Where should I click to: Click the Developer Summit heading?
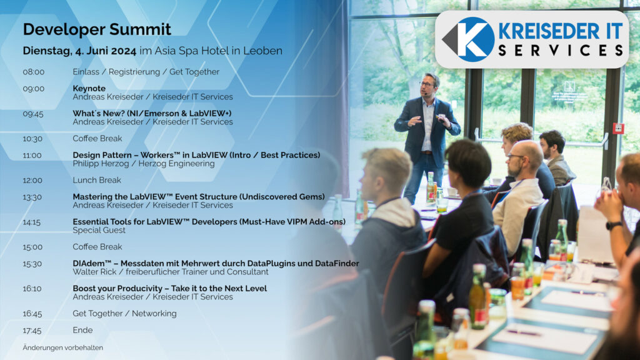(97, 29)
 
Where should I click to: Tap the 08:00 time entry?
(34, 72)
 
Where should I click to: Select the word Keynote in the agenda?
(89, 88)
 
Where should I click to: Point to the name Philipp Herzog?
(100, 164)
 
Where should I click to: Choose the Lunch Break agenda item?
(97, 180)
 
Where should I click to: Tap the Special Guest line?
(99, 230)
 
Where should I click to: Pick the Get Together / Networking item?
(124, 314)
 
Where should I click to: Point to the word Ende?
(82, 330)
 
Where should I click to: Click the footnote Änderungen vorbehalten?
(63, 347)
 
